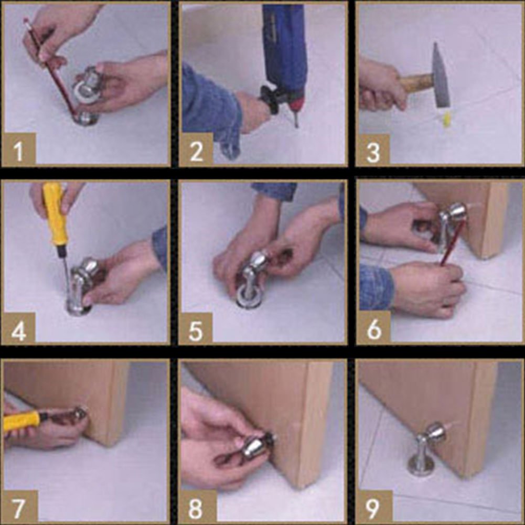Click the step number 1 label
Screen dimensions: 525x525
[x=19, y=152]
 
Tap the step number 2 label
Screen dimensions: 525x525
[x=196, y=152]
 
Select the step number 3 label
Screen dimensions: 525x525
[x=373, y=152]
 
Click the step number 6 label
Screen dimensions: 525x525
[x=373, y=329]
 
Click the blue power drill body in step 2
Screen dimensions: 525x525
[x=285, y=47]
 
